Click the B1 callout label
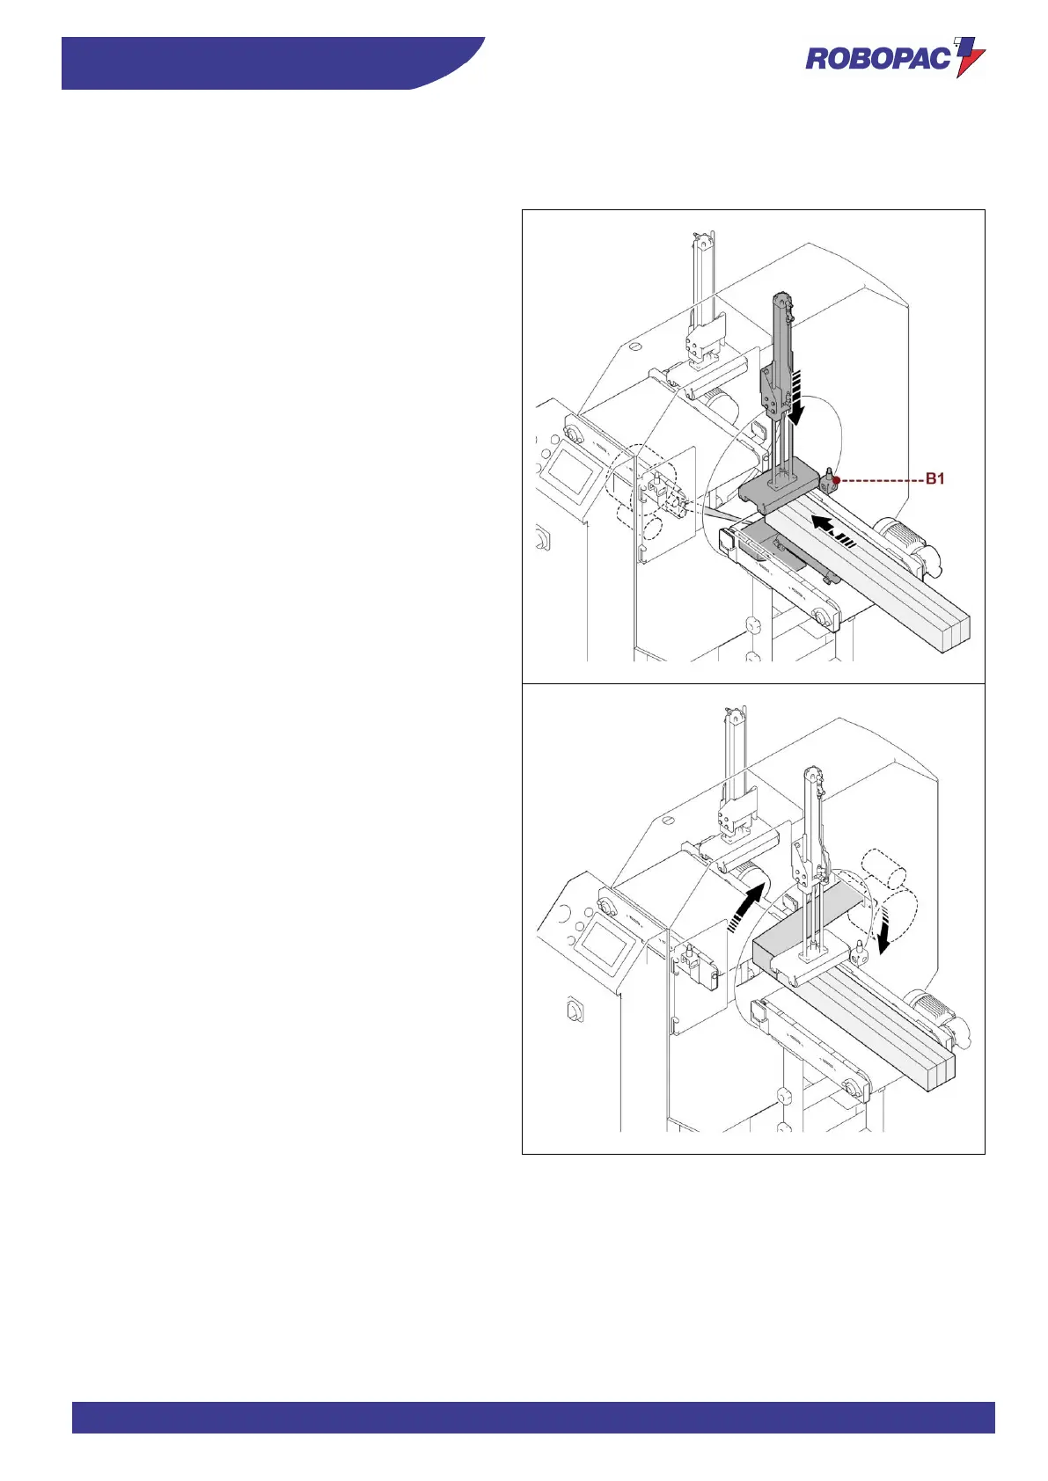pos(934,479)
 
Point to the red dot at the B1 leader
pos(837,480)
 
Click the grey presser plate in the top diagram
pos(780,487)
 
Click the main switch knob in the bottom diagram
pos(574,1011)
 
